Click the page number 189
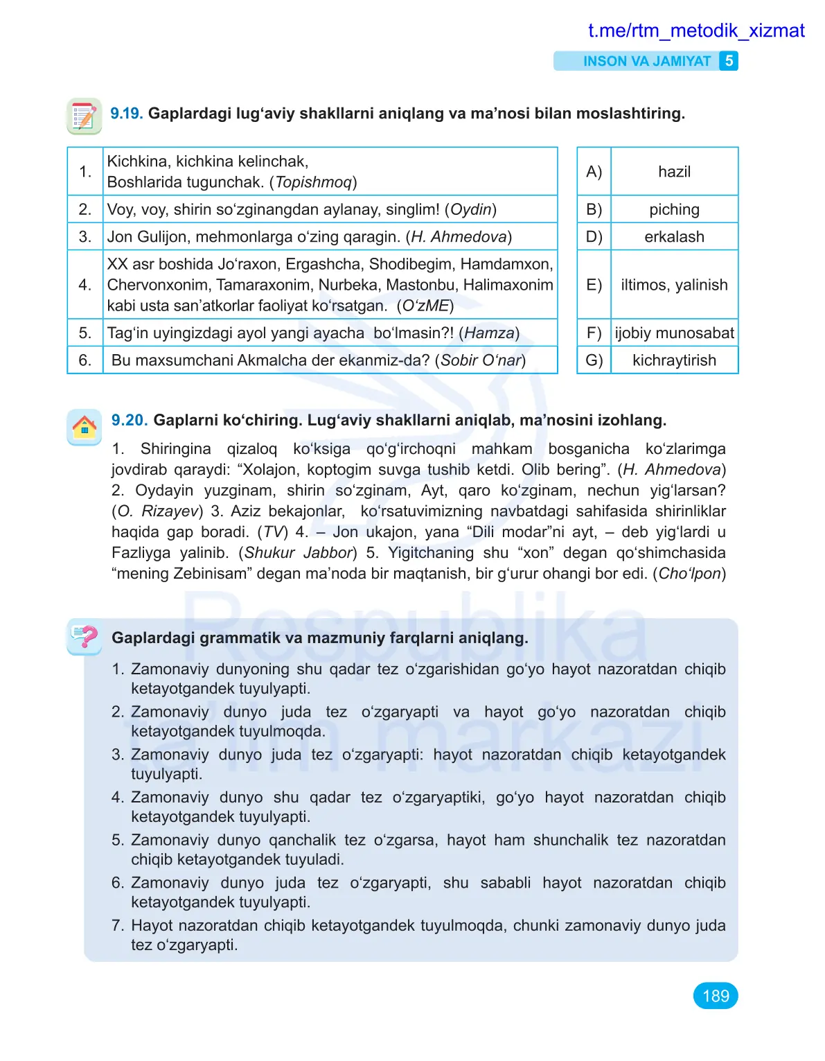(715, 996)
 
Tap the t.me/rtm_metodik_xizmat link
(695, 30)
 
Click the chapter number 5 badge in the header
(729, 61)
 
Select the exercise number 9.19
(126, 114)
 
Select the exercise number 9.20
(129, 420)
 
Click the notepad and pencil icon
(84, 116)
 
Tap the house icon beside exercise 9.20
(84, 426)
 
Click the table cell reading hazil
(674, 172)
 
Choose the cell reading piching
(674, 209)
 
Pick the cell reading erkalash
(674, 237)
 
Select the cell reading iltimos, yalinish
(674, 285)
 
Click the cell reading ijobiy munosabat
(674, 333)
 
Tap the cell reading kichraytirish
(674, 360)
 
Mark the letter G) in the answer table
(594, 360)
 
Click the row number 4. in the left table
(85, 285)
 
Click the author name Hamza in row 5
(488, 333)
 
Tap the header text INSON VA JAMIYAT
(646, 61)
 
